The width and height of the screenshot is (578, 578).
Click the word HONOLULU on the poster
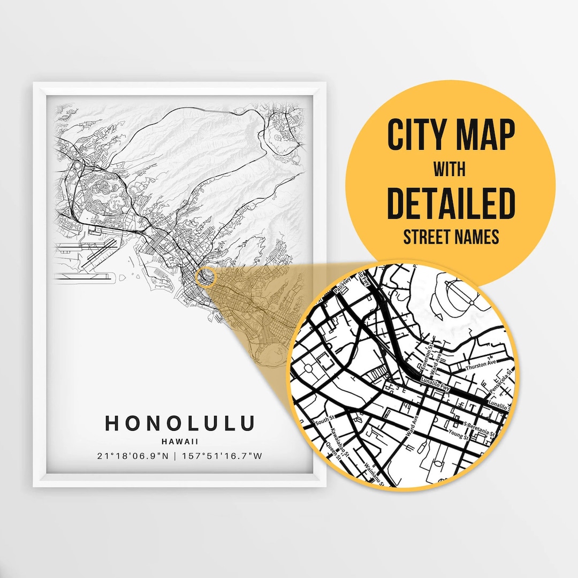[179, 423]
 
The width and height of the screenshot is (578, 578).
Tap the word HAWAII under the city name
[179, 442]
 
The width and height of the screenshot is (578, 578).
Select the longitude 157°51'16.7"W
[222, 457]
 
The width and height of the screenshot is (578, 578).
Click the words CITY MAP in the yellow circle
[451, 135]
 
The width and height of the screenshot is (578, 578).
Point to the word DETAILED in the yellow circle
[451, 203]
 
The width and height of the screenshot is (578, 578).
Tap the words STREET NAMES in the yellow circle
[451, 237]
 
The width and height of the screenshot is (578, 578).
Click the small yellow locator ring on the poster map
[207, 277]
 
